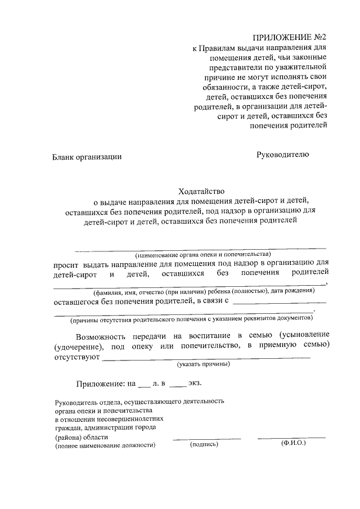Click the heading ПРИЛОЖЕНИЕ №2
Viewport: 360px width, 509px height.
(x=289, y=38)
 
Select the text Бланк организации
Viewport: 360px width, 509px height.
(x=87, y=157)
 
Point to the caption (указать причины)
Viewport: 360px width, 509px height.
(x=203, y=364)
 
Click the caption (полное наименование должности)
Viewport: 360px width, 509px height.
(x=105, y=445)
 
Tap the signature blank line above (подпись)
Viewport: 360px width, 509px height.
(x=206, y=438)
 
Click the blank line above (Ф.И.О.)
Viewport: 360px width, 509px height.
(x=291, y=437)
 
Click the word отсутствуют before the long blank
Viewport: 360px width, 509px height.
(x=76, y=356)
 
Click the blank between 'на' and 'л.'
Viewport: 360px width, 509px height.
(x=144, y=386)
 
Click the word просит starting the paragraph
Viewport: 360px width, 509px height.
(x=66, y=263)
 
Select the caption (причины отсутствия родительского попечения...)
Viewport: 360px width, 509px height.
(x=190, y=319)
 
